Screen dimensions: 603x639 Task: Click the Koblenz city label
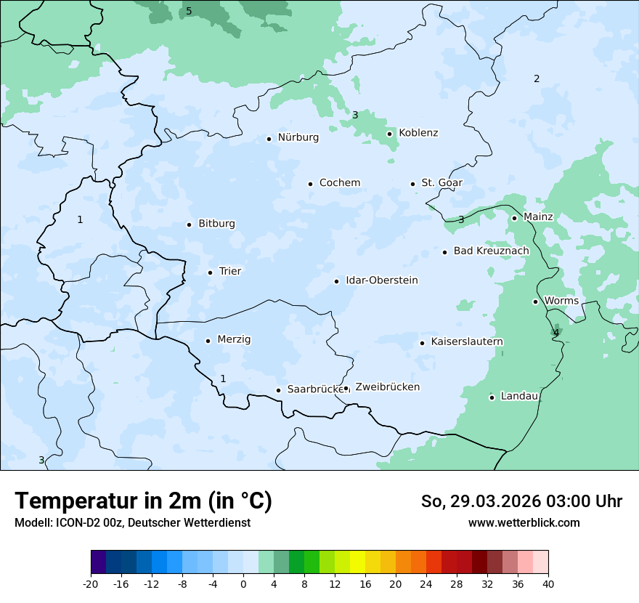coord(418,133)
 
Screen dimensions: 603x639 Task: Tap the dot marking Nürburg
coord(269,139)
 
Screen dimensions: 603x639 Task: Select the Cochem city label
coord(340,183)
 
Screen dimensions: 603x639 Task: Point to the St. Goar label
coord(441,183)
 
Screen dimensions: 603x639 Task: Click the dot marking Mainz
coord(514,218)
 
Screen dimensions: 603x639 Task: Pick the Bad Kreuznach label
coord(491,251)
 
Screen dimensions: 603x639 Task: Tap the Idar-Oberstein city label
coord(381,280)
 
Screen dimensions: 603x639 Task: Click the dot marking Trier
coord(210,272)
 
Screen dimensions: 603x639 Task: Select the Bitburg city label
coord(216,224)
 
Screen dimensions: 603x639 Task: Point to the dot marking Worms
coord(535,301)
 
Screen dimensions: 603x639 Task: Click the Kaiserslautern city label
coord(467,342)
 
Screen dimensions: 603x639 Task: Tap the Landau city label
coord(519,397)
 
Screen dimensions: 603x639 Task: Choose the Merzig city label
coord(234,340)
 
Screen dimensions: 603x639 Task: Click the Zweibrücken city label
coord(387,387)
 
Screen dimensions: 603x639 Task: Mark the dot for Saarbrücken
coord(278,390)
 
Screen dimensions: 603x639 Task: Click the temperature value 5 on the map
coord(189,11)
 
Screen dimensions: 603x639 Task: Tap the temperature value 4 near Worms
coord(556,333)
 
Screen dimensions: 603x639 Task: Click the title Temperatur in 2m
coord(143,501)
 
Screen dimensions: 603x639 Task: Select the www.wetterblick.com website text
coord(524,523)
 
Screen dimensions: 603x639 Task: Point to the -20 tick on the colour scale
coord(91,584)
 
